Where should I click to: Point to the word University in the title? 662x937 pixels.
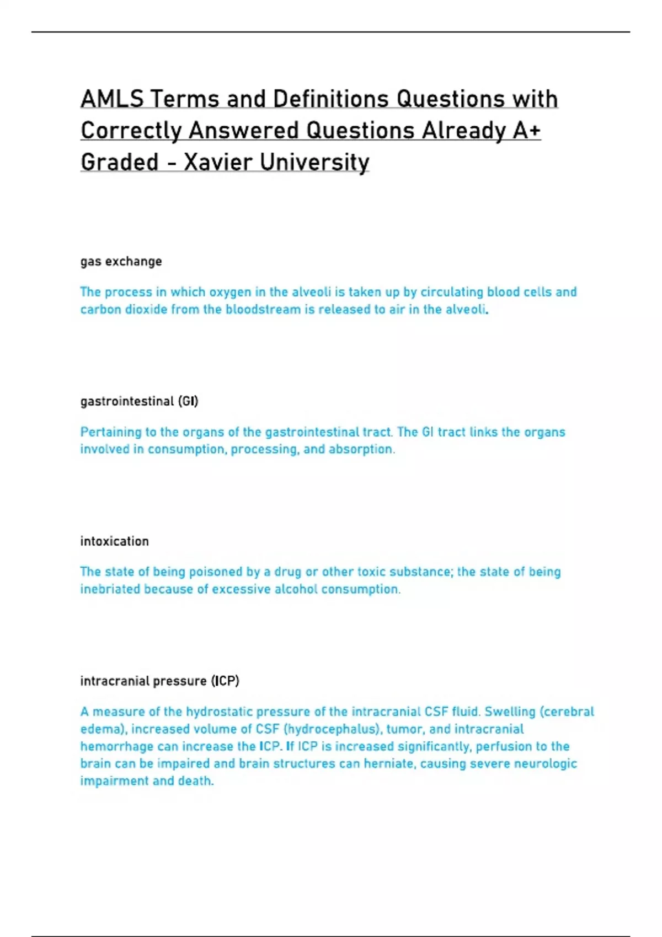(314, 163)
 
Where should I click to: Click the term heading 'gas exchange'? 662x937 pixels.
(121, 261)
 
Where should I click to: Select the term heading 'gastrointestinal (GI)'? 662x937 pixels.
(139, 401)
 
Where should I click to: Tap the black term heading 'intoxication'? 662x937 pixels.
(115, 541)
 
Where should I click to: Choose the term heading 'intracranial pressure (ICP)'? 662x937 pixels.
(160, 681)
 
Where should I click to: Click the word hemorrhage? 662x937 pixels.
(114, 747)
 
